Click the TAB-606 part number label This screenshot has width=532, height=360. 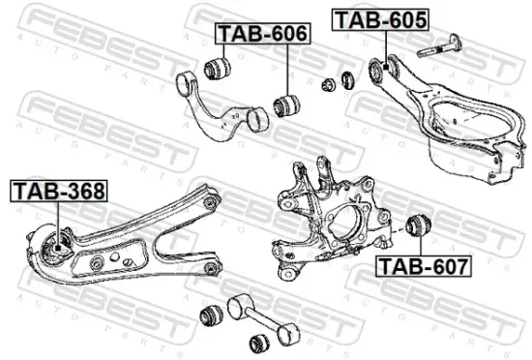coord(262,34)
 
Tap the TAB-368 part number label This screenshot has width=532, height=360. coord(58,191)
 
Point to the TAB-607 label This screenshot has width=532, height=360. coord(423,264)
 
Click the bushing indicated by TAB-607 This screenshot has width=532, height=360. coord(422,225)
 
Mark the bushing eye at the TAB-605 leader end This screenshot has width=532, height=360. coord(380,68)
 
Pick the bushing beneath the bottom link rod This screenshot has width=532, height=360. coord(259,341)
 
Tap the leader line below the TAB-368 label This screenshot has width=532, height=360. coord(58,218)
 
